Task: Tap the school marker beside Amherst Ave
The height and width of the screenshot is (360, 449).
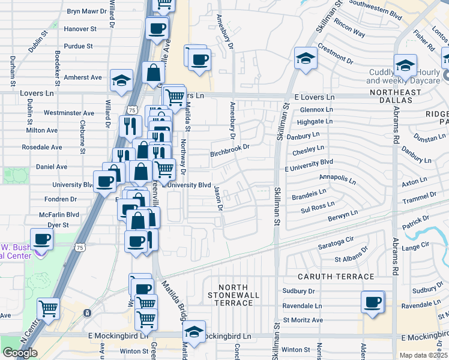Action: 121,80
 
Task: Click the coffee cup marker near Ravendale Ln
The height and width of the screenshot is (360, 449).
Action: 372,302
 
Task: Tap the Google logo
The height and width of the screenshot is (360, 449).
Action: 20,353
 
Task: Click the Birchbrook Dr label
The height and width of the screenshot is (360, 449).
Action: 229,154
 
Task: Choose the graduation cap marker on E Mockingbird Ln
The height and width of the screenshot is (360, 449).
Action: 194,332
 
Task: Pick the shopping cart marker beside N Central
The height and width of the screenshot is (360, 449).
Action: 48,309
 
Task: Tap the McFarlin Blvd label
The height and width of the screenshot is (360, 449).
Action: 59,214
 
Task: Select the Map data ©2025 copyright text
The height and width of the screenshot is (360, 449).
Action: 423,355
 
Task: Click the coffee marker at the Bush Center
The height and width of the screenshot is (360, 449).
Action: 42,239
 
